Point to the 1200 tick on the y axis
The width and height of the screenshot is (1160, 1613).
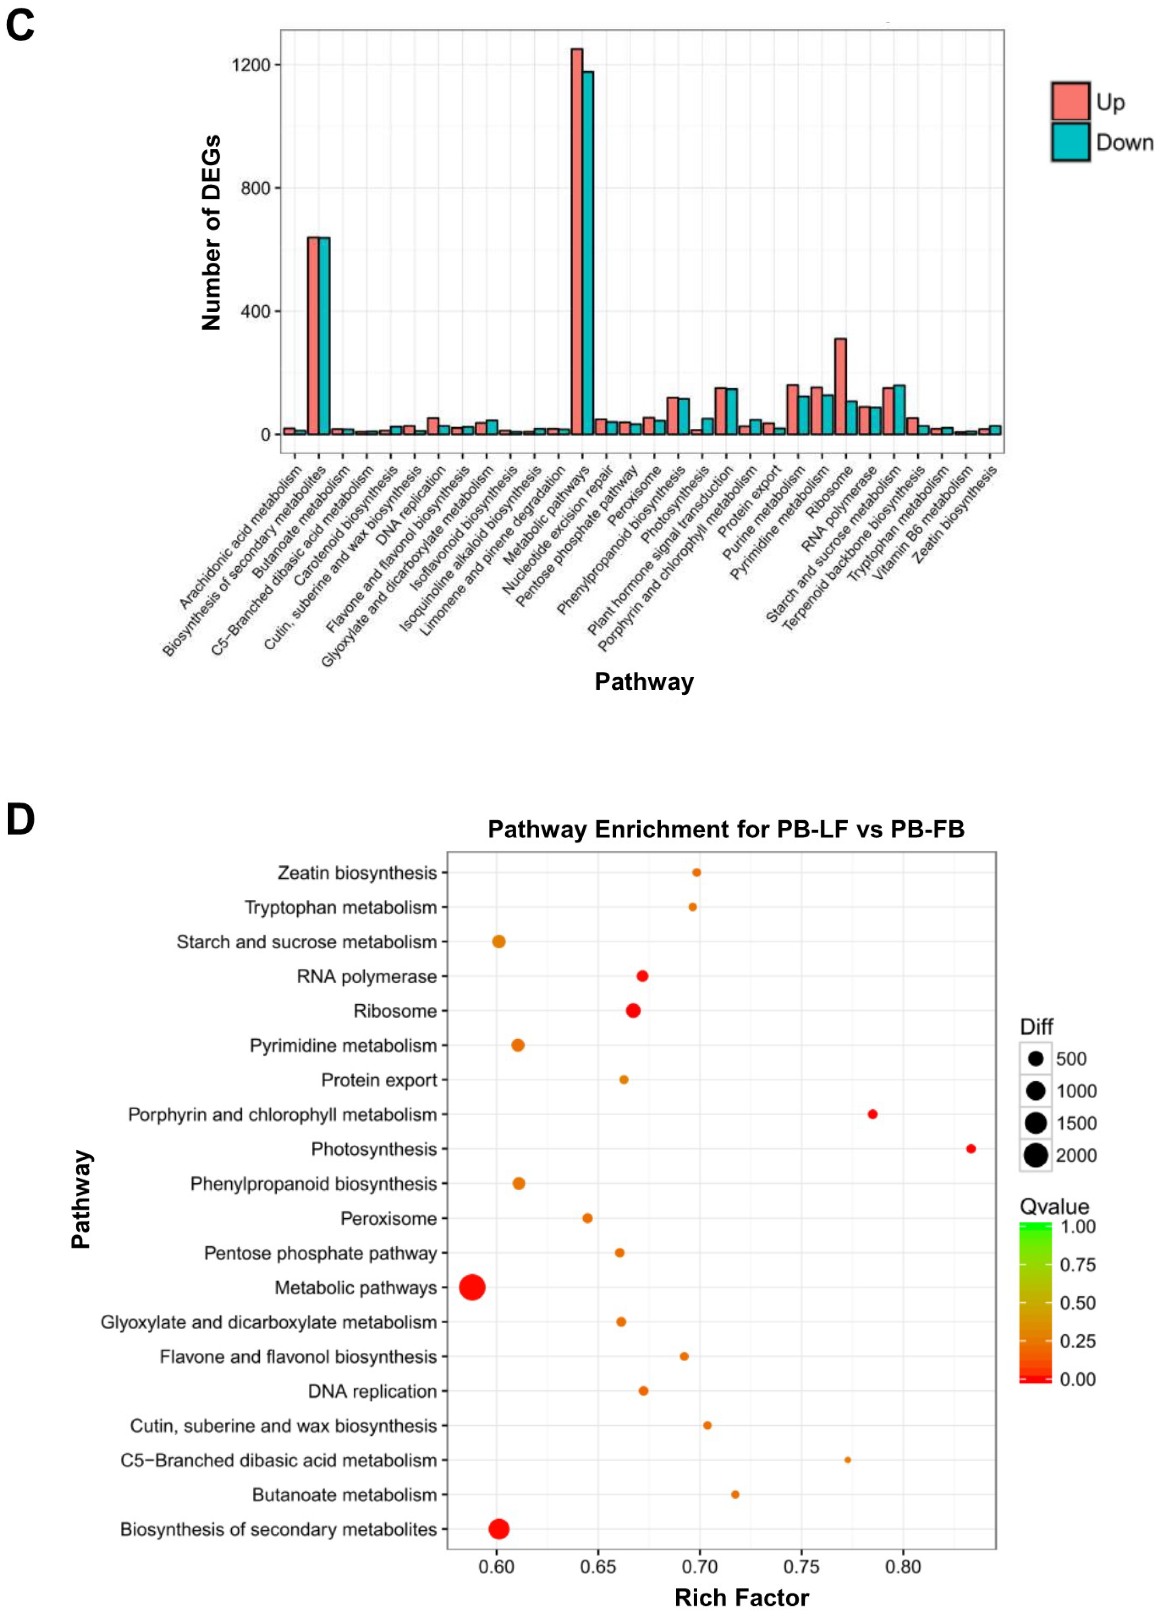[x=251, y=65]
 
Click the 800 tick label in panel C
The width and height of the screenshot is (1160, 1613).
[x=254, y=188]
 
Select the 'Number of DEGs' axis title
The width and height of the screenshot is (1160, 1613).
[x=211, y=233]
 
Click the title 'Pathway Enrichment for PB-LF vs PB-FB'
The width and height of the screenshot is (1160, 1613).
[x=725, y=829]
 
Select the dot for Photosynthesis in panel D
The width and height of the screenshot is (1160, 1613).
[x=971, y=1149]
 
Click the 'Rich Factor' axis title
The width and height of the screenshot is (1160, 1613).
[x=741, y=1597]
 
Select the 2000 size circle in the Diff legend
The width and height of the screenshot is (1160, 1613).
[x=1036, y=1155]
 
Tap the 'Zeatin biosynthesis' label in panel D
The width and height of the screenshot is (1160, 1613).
[x=357, y=873]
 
